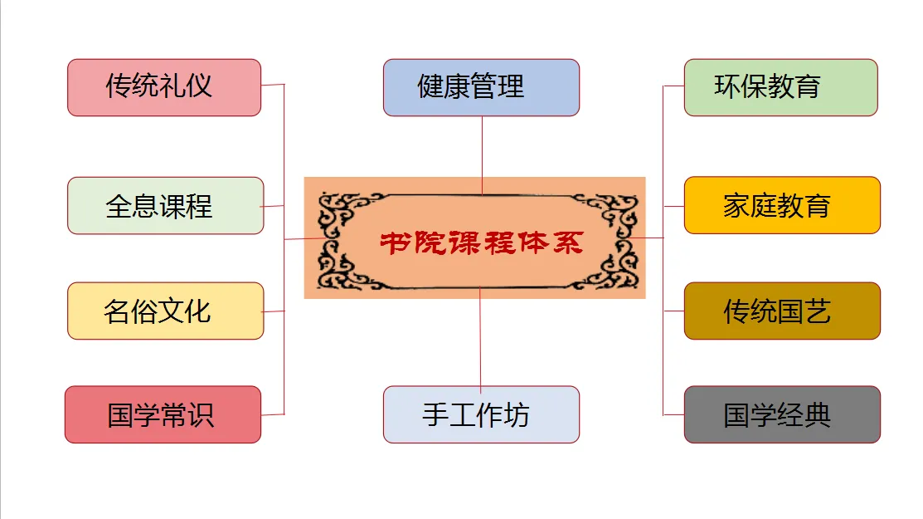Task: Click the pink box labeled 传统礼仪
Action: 163,87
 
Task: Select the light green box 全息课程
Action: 165,205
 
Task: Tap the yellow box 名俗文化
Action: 165,311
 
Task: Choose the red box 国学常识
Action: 163,414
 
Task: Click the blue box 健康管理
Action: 481,87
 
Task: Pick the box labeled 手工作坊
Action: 481,414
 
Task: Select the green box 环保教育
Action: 780,87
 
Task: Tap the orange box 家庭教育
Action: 782,205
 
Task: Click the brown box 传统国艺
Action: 782,311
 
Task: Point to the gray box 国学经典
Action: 782,414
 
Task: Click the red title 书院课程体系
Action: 482,242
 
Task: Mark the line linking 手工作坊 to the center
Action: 480,336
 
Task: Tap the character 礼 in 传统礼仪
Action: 173,86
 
